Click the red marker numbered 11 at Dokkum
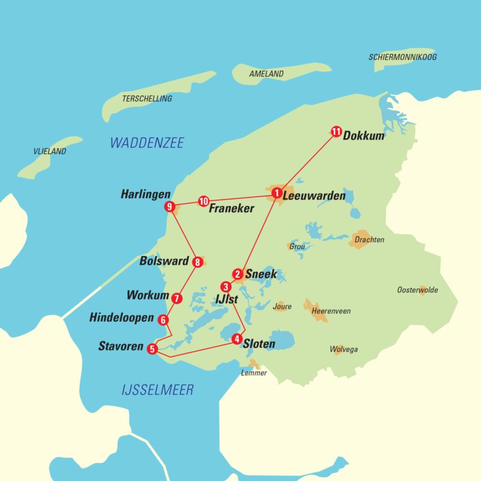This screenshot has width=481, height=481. click(x=336, y=132)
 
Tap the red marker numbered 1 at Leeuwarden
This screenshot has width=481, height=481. click(x=276, y=193)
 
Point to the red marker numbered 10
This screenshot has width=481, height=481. click(x=203, y=201)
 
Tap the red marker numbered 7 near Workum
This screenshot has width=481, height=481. click(x=176, y=298)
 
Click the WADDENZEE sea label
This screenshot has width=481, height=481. click(x=147, y=143)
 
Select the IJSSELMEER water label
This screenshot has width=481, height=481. click(x=158, y=390)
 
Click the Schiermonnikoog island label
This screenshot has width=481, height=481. click(x=402, y=57)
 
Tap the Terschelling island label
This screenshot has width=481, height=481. click(x=147, y=99)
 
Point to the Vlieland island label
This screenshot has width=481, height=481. click(x=49, y=152)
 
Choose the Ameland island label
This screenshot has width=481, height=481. click(x=266, y=74)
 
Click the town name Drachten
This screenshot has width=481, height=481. click(x=369, y=240)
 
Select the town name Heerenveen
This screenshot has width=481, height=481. click(x=331, y=311)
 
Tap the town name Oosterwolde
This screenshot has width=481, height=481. click(x=417, y=290)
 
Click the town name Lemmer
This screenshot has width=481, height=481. click(x=253, y=373)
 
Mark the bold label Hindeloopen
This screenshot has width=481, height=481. click(x=121, y=317)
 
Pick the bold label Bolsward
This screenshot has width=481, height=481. click(x=164, y=262)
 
